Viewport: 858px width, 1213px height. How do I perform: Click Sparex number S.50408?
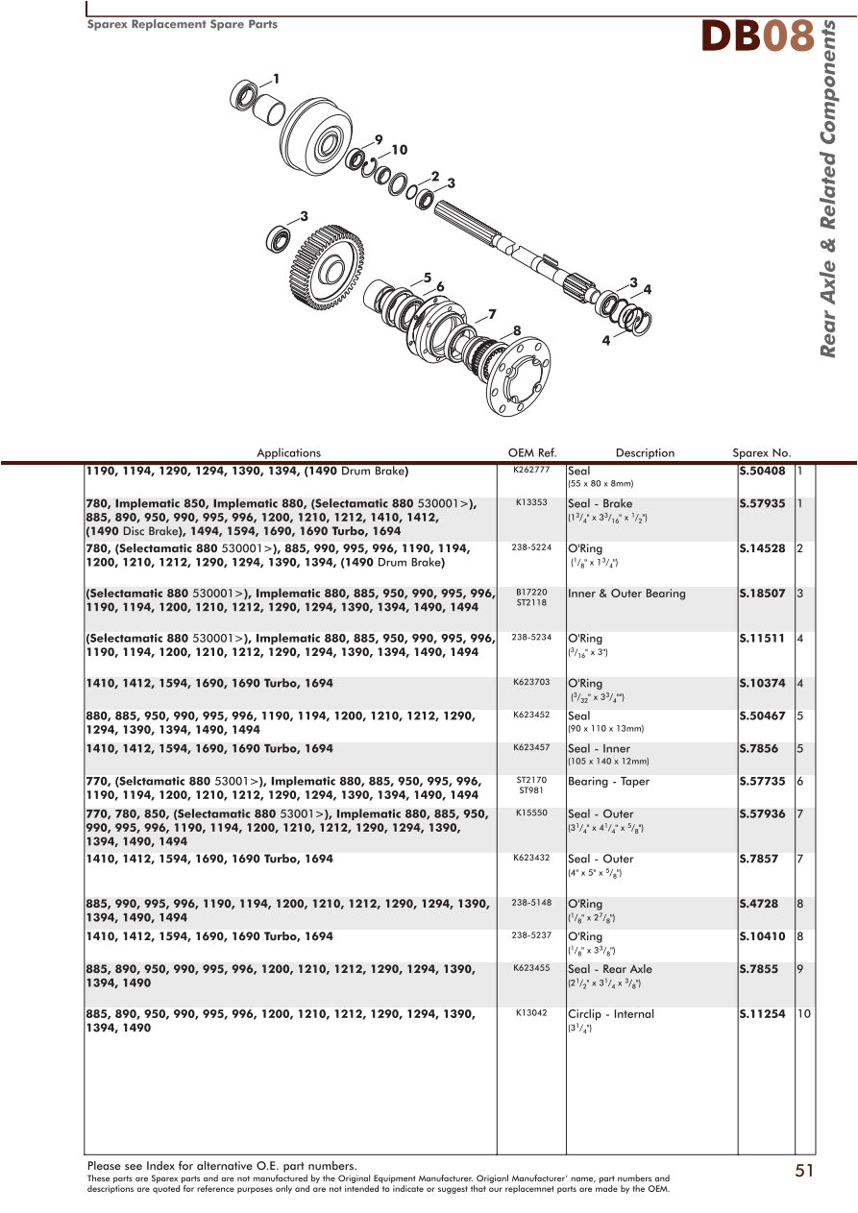point(762,472)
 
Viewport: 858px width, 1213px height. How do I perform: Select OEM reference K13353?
point(531,502)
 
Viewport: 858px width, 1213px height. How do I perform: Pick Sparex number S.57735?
point(762,782)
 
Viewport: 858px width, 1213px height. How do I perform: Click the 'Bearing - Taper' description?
point(608,782)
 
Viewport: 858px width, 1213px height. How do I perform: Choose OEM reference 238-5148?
point(531,903)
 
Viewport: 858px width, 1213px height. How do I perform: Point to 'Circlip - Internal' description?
point(610,1014)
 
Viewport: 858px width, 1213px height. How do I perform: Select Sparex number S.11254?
point(762,1014)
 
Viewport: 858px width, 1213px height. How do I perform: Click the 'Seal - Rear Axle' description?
point(609,969)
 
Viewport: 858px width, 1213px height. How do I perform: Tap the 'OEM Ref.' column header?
point(532,453)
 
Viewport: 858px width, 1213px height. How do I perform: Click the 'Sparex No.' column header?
point(761,453)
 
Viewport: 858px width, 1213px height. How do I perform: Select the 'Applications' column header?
point(288,453)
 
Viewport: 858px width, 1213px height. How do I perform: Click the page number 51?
point(804,1170)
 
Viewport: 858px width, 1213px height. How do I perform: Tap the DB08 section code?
point(756,36)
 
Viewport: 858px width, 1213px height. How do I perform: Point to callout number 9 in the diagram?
point(379,140)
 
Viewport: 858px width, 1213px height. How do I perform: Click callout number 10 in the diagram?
point(399,150)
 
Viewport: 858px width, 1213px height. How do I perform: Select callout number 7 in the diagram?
point(492,314)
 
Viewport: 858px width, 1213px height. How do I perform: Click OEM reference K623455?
point(531,968)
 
